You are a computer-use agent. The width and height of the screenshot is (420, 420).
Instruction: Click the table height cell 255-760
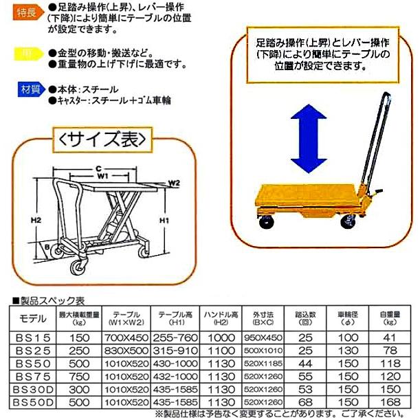pyautogui.click(x=176, y=338)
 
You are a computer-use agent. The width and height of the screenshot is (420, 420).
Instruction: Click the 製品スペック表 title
pyautogui.click(x=49, y=300)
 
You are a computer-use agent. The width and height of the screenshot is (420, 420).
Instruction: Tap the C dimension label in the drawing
pyautogui.click(x=98, y=168)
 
